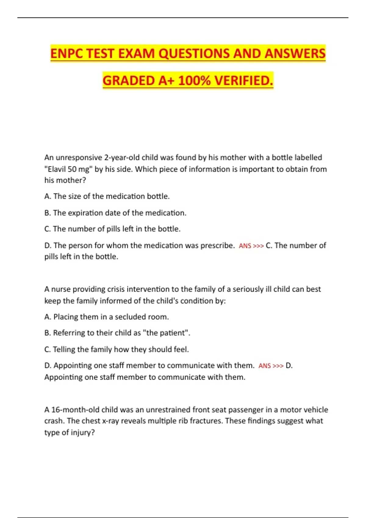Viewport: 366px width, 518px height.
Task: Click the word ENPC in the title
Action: pos(67,54)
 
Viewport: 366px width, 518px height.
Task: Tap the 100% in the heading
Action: pos(194,81)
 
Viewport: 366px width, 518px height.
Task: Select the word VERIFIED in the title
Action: pos(244,81)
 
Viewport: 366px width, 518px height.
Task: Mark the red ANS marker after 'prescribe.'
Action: pos(245,246)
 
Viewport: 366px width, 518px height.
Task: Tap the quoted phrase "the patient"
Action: pos(166,333)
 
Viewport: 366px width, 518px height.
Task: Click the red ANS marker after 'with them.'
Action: pos(264,366)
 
